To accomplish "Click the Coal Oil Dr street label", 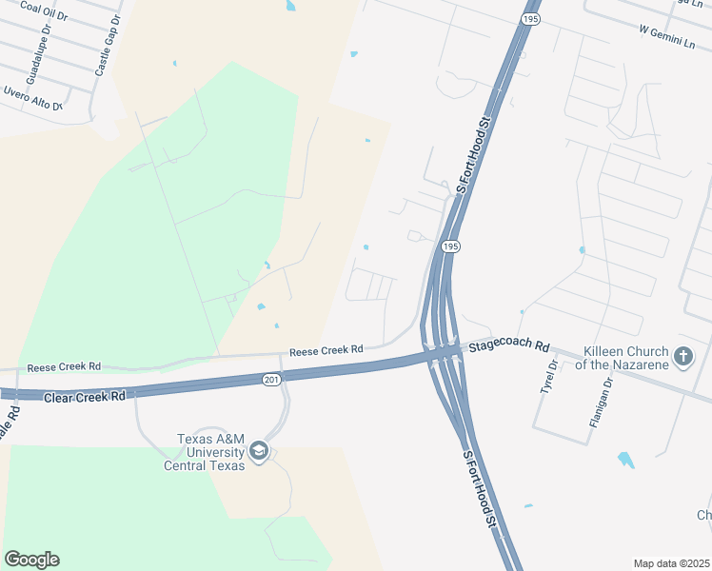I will [44, 12].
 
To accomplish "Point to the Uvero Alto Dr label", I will [32, 98].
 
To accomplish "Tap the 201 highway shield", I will [272, 380].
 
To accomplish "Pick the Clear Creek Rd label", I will [85, 394].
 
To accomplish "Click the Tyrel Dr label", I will [548, 379].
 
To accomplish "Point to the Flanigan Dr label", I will [599, 404].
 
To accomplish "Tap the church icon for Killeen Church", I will [682, 357].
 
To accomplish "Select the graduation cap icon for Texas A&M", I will [259, 450].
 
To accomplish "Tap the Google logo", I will [31, 560].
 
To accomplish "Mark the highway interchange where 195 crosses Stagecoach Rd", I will [440, 354].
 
